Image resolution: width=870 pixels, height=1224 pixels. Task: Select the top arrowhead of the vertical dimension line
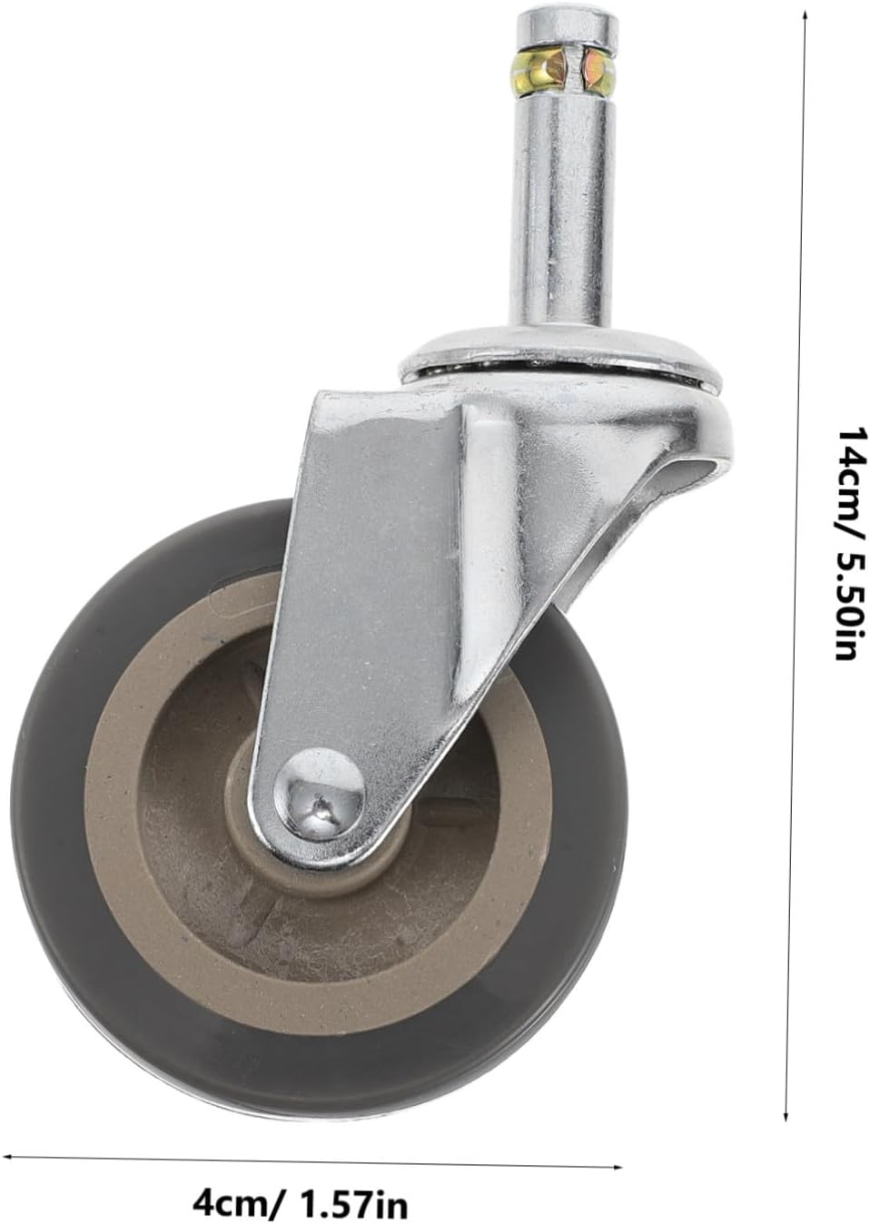pyautogui.click(x=804, y=16)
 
